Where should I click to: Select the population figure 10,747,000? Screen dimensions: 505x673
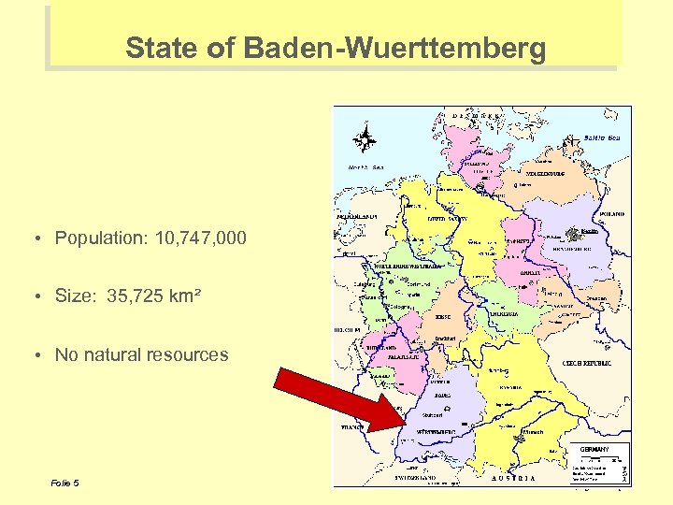194,238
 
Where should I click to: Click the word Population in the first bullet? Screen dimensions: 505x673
97,238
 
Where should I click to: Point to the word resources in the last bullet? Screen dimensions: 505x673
193,354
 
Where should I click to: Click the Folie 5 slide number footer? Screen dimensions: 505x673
65,483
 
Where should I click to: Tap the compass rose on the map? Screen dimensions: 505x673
365,139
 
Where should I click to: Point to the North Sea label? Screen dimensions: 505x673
366,167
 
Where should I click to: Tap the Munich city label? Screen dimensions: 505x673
534,432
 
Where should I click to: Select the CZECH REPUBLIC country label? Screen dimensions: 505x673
586,363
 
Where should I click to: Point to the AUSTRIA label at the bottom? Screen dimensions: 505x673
514,478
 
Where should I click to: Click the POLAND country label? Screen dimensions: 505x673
613,214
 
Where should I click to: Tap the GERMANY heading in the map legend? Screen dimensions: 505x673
595,449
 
